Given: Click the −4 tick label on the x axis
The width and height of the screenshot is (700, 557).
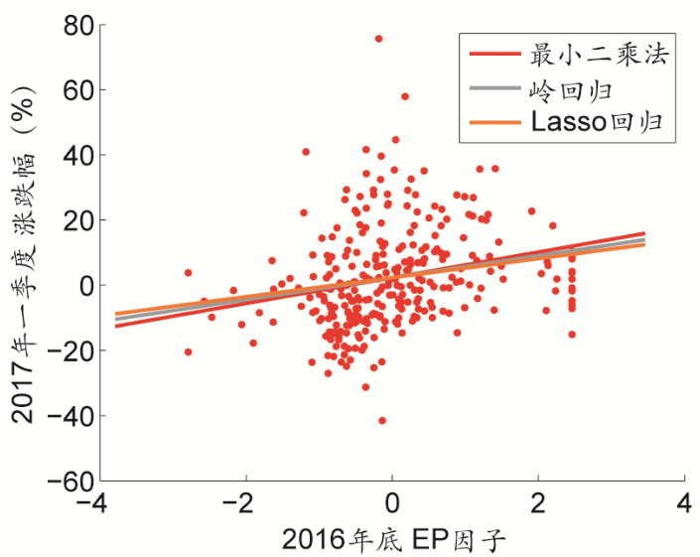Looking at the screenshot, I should [x=95, y=506].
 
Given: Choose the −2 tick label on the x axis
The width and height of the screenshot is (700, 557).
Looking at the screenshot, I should [x=241, y=506].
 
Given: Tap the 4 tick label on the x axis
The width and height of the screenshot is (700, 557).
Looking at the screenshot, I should [x=684, y=506].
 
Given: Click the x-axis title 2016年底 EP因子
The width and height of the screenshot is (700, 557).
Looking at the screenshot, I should [x=394, y=540].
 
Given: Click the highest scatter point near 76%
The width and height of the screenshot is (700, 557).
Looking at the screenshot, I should [x=378, y=39].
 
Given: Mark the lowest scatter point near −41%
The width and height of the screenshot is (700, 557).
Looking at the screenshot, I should [x=382, y=420].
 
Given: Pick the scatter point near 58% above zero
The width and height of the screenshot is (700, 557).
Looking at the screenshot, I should [x=404, y=96].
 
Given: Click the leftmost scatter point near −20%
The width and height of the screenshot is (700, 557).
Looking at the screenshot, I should [x=188, y=351].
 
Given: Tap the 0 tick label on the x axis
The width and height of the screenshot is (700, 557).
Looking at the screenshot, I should [x=392, y=506].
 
